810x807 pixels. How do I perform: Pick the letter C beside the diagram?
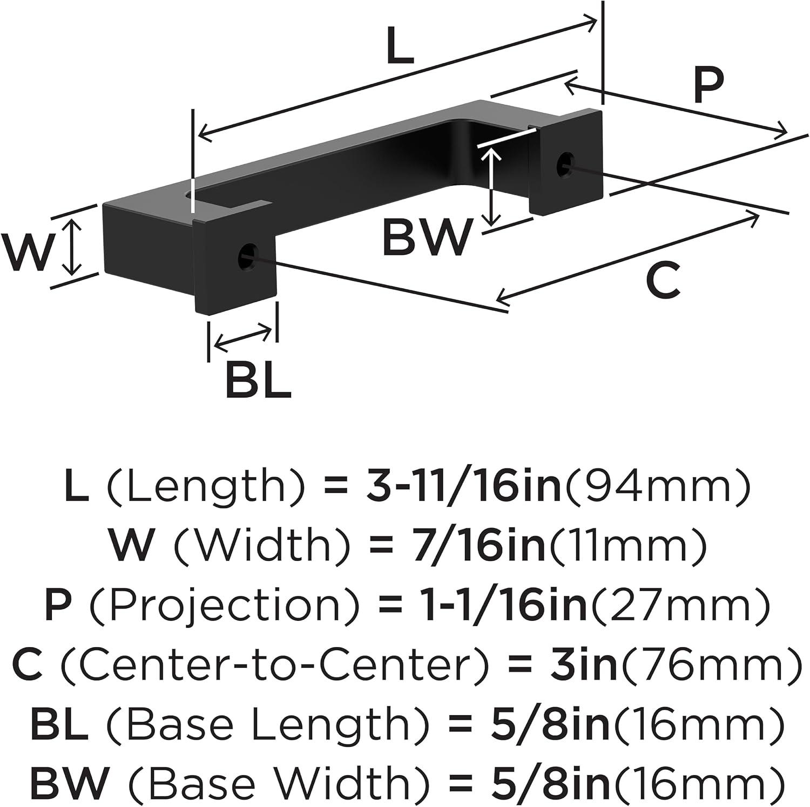663,280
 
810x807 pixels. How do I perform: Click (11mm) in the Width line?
627,545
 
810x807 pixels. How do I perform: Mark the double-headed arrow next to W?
72,248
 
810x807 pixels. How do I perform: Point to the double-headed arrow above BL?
243,336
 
